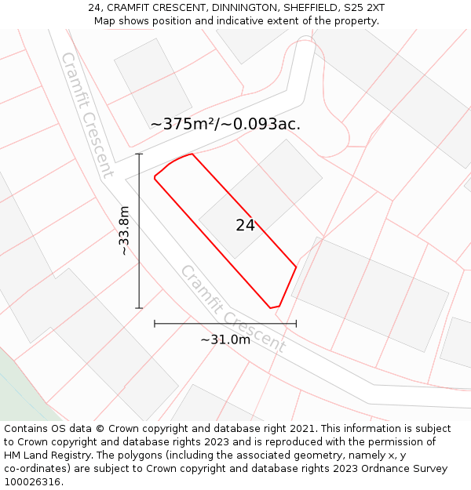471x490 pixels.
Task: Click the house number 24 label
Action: pyautogui.click(x=245, y=226)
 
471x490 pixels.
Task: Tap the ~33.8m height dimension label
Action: pyautogui.click(x=124, y=230)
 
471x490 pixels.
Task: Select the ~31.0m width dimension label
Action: pyautogui.click(x=225, y=339)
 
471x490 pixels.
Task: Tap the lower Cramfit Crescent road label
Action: pyautogui.click(x=233, y=308)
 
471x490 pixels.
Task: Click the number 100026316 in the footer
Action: pyautogui.click(x=33, y=482)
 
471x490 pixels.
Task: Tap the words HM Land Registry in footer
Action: pyautogui.click(x=42, y=456)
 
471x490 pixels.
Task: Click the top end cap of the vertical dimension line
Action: pyautogui.click(x=139, y=154)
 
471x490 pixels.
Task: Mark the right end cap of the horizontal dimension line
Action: pyautogui.click(x=296, y=323)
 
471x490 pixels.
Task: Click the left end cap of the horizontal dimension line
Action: pyautogui.click(x=155, y=323)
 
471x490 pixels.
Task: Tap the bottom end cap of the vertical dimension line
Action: pyautogui.click(x=139, y=308)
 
